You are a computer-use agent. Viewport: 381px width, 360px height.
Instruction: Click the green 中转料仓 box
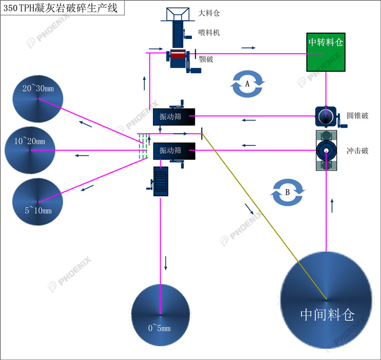pyautogui.click(x=326, y=52)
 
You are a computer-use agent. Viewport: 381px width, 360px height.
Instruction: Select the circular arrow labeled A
pyautogui.click(x=247, y=84)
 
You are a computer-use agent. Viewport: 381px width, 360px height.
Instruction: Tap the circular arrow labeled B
pyautogui.click(x=288, y=192)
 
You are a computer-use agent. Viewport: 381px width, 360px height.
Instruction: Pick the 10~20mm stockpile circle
pyautogui.click(x=30, y=150)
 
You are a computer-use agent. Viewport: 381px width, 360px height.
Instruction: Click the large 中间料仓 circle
pyautogui.click(x=327, y=300)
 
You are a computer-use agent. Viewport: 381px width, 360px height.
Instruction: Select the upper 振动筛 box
pyautogui.click(x=174, y=117)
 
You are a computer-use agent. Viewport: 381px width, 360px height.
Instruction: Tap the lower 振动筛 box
pyautogui.click(x=174, y=151)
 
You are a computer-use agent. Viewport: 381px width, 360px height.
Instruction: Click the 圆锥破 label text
pyautogui.click(x=358, y=116)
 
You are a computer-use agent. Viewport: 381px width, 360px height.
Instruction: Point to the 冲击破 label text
pyautogui.click(x=358, y=151)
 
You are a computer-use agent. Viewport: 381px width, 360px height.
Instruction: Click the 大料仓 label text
pyautogui.click(x=209, y=14)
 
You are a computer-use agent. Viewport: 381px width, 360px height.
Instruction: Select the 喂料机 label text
pyautogui.click(x=209, y=33)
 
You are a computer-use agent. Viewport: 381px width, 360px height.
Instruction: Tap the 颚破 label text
pyautogui.click(x=206, y=60)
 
